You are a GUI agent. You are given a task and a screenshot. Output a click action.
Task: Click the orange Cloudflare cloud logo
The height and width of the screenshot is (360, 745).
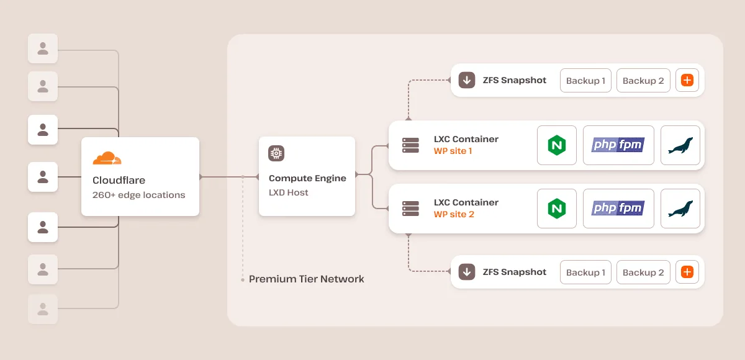point(107,158)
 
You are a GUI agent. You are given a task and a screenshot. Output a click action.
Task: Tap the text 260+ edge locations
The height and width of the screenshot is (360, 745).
point(138,195)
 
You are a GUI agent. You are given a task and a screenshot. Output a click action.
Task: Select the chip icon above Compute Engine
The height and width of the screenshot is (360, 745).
point(276,153)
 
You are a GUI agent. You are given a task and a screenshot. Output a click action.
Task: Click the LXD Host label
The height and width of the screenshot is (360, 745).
point(289,192)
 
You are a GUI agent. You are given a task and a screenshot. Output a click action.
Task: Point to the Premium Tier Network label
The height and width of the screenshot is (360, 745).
point(306,279)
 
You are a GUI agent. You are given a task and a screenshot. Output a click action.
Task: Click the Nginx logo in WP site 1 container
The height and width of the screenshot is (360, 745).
point(557,145)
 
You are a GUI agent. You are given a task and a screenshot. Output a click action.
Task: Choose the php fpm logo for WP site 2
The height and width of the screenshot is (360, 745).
point(618,209)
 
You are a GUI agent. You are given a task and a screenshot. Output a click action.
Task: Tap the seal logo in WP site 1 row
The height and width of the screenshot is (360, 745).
point(680,145)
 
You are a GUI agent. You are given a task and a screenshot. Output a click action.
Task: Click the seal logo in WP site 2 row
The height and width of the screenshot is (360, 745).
point(680,209)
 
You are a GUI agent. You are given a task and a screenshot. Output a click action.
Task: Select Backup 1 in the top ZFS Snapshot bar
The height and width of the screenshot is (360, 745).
point(585,81)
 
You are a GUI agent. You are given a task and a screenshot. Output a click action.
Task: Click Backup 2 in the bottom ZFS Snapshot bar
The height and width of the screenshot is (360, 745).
point(643,272)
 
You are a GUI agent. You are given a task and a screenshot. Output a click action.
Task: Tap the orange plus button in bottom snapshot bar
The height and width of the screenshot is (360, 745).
point(687,272)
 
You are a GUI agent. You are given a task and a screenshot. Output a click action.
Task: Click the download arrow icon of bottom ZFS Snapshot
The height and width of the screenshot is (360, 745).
point(466,272)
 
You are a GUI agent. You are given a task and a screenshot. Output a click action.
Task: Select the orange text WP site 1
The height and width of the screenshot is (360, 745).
point(453,151)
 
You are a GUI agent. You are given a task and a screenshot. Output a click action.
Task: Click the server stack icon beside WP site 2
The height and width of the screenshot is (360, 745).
point(410,209)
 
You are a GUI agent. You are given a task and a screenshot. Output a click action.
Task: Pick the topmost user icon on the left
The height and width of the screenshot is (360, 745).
point(43,48)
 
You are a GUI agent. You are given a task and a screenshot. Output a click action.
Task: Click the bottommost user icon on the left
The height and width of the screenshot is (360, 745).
point(43,308)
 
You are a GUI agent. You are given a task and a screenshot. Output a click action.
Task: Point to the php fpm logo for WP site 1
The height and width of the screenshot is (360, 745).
point(618,145)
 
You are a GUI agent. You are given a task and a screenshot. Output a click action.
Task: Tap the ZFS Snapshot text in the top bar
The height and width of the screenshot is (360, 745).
point(515,80)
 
